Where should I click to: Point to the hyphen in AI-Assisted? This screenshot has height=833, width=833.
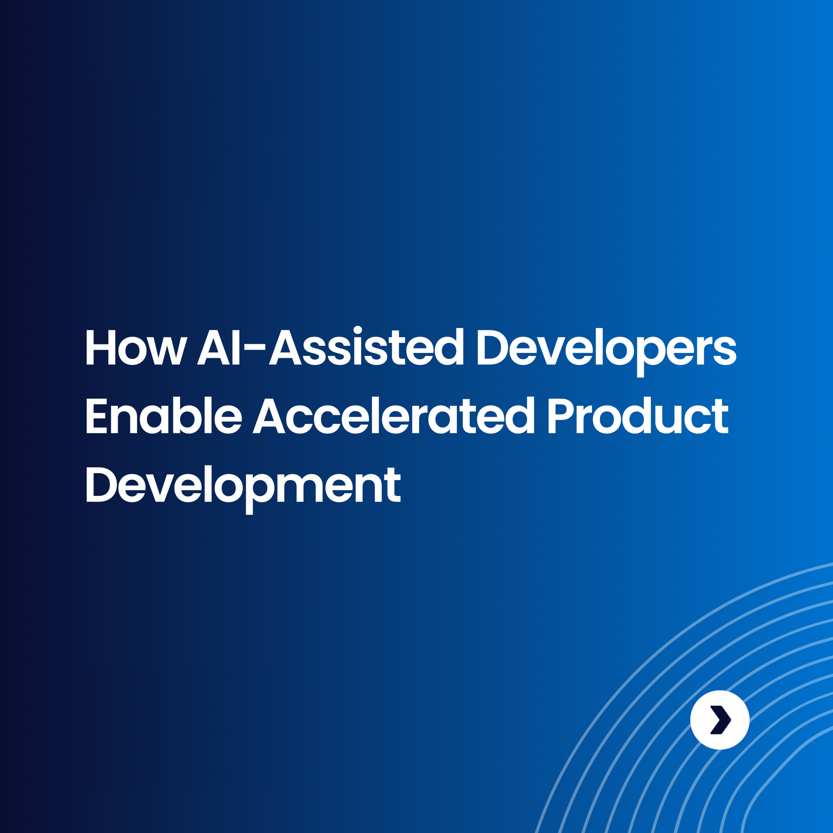pyautogui.click(x=254, y=346)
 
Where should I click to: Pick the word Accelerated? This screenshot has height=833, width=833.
pyautogui.click(x=393, y=416)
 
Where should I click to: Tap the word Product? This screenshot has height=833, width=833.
pyautogui.click(x=638, y=416)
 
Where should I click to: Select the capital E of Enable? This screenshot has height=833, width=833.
pyautogui.click(x=96, y=416)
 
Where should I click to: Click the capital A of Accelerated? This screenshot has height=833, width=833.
pyautogui.click(x=269, y=416)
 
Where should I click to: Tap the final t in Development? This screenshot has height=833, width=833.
pyautogui.click(x=393, y=485)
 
